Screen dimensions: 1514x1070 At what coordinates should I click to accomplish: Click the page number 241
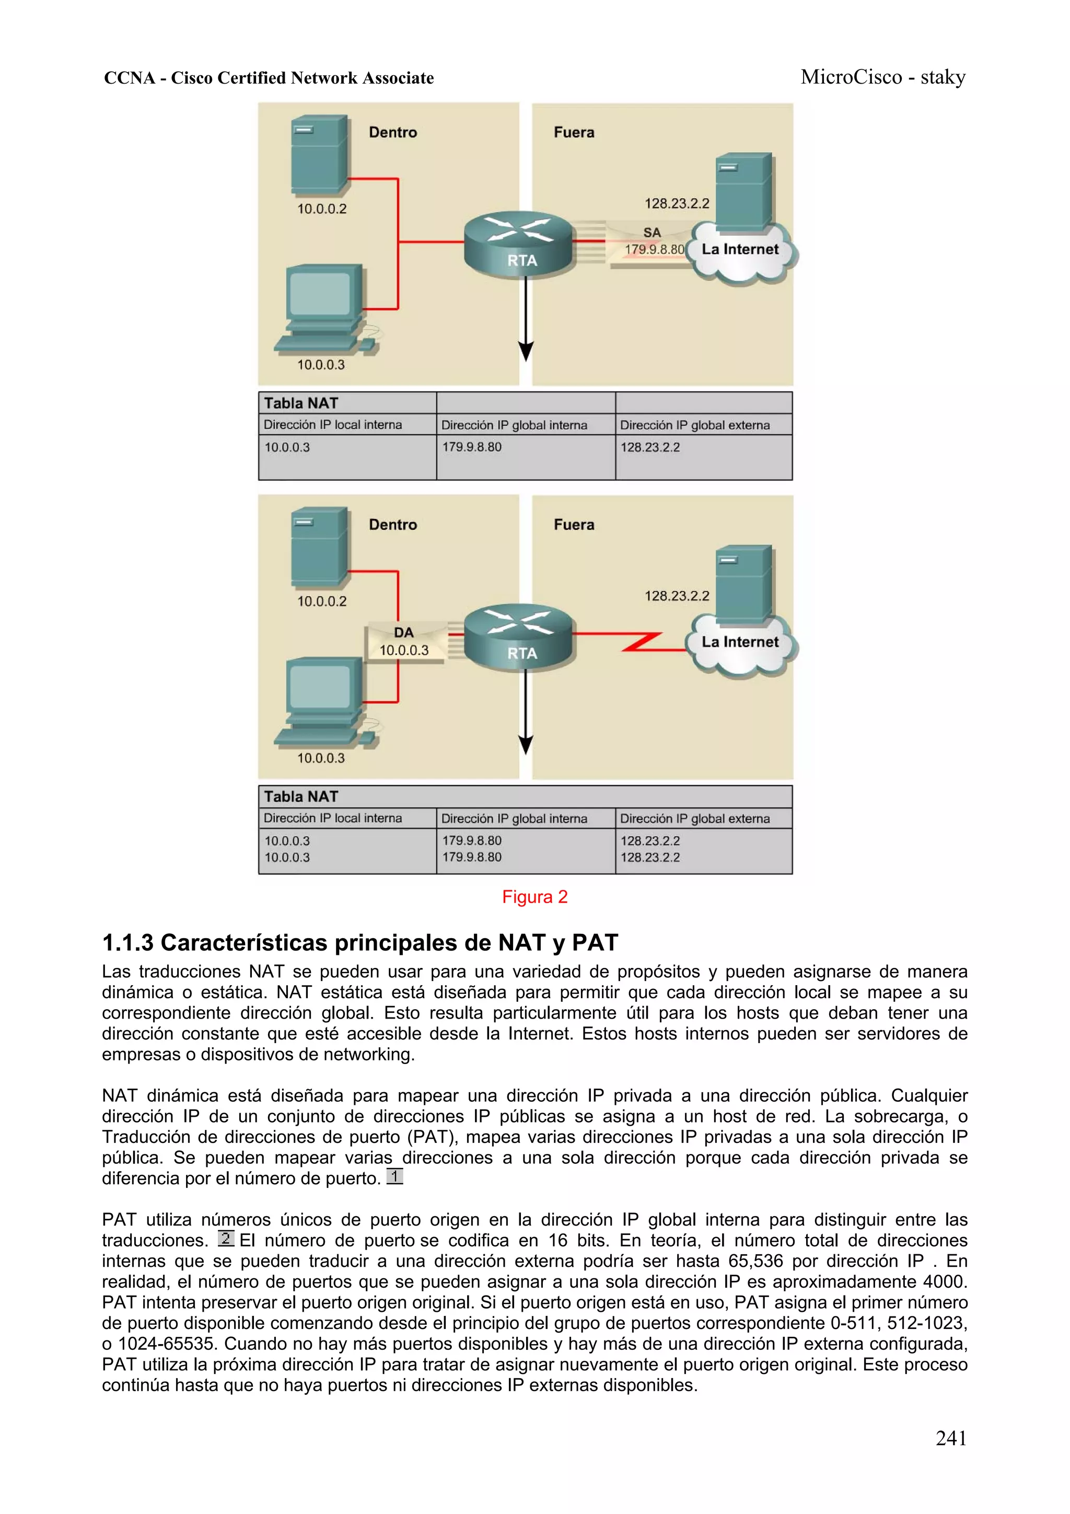point(951,1438)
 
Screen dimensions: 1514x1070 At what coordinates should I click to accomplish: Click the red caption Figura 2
point(534,897)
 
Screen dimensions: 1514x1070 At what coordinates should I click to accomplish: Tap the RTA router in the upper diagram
point(519,245)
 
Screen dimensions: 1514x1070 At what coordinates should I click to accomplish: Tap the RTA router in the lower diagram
point(519,637)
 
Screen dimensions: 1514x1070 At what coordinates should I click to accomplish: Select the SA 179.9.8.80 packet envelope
point(649,244)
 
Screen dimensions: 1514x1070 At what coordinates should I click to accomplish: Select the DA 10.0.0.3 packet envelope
point(404,642)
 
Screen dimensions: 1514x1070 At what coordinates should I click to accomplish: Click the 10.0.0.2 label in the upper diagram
point(322,209)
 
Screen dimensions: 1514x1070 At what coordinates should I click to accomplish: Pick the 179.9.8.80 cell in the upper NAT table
point(472,447)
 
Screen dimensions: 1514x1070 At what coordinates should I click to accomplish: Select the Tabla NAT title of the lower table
point(301,796)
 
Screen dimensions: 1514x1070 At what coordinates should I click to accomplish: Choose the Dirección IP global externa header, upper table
point(695,425)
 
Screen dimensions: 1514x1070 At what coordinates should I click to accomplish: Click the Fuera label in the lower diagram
point(574,525)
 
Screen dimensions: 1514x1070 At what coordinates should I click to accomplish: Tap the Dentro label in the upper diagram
point(393,133)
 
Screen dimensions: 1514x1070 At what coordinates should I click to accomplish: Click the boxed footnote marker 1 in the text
point(394,1176)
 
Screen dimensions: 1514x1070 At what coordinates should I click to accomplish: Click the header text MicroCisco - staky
point(883,78)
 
